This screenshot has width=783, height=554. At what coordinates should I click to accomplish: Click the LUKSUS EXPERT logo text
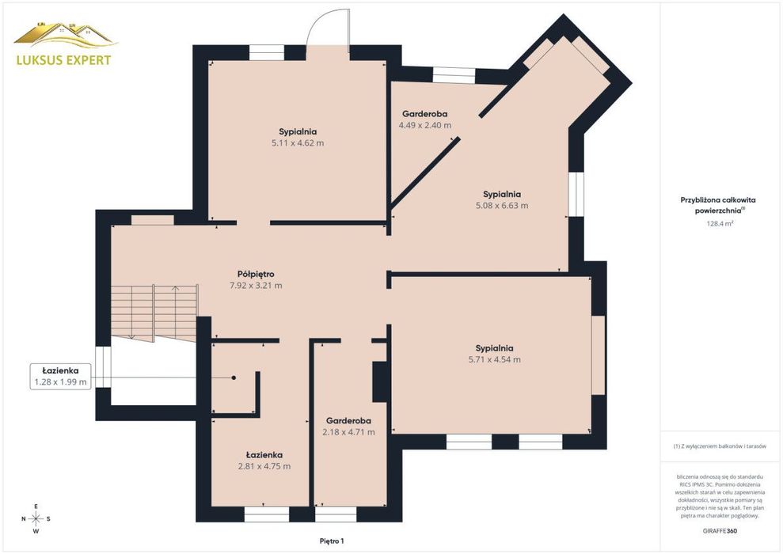[x=64, y=60]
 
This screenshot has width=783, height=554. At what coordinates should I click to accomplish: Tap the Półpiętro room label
[x=256, y=274]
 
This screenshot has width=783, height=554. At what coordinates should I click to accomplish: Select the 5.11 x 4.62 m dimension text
[x=298, y=142]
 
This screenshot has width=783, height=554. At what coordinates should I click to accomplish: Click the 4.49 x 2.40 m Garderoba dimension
[x=425, y=125]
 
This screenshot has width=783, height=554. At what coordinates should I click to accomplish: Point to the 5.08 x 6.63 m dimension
[x=502, y=205]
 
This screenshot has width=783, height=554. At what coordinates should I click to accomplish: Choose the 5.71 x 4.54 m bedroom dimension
[x=494, y=359]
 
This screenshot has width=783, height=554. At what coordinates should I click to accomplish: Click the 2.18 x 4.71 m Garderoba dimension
[x=348, y=432]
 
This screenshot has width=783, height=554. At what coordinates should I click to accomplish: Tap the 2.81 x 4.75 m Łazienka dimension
[x=264, y=466]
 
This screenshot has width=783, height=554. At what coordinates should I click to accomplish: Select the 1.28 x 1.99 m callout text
[x=60, y=383]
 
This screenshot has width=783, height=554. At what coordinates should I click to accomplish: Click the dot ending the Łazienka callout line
[x=234, y=378]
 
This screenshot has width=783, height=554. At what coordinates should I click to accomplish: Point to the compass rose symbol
[x=36, y=519]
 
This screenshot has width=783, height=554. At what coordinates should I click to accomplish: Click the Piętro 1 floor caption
[x=332, y=541]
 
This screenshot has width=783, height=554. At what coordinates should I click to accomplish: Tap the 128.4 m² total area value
[x=720, y=224]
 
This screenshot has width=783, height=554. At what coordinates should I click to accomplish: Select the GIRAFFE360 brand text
[x=719, y=530]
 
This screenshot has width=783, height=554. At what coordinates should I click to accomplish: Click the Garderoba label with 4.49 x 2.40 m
[x=425, y=114]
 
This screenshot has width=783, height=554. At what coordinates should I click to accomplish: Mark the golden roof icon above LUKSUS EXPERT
[x=65, y=35]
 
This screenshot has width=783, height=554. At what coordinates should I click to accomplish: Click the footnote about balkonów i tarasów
[x=720, y=446]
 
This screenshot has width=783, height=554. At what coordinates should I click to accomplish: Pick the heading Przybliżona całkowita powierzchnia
[x=718, y=205]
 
